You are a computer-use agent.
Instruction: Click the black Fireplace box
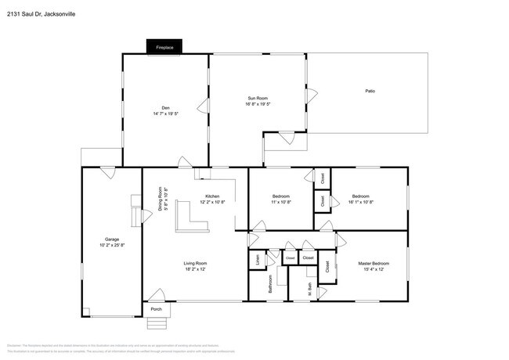164,48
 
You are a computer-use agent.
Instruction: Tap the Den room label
165,108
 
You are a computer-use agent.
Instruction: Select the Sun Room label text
258,99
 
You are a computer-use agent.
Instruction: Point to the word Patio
370,92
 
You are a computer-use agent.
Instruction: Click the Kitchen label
212,196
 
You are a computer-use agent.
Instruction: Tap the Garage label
112,239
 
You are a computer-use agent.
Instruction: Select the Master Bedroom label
374,263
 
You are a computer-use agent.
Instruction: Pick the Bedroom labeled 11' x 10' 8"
281,196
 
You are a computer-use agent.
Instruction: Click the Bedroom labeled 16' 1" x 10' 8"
360,196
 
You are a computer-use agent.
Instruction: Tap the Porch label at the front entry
156,309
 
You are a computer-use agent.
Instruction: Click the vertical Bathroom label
270,284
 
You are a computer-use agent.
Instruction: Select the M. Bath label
309,289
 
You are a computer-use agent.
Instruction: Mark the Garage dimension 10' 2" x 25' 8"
112,245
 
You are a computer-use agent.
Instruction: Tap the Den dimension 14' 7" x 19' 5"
165,113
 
